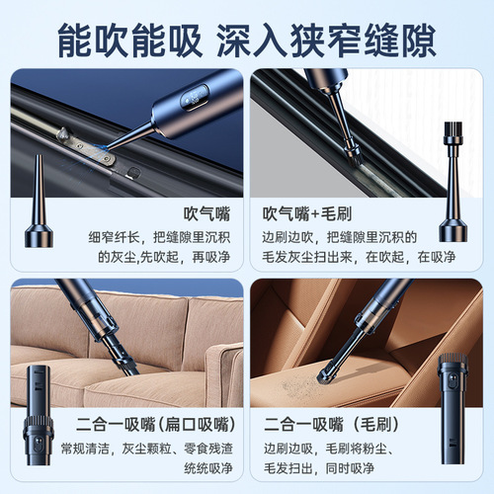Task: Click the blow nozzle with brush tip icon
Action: tap(455, 193)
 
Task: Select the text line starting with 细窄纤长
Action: tap(163, 235)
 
